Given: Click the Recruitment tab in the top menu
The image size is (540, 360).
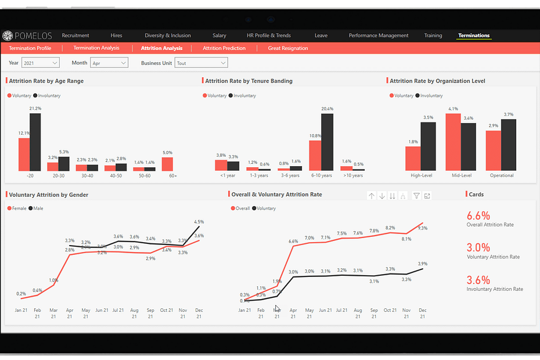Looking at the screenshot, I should (x=75, y=35).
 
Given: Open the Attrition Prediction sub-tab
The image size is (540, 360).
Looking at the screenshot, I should (x=224, y=48).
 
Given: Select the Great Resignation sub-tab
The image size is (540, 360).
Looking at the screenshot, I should (x=288, y=48).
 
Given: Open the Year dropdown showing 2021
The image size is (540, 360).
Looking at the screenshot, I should (x=42, y=63).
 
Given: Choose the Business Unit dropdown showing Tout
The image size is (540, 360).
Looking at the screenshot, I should (x=201, y=63).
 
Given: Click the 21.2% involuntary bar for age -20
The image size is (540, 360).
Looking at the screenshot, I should (x=35, y=142).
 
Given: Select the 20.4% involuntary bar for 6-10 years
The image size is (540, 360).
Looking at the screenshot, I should (x=327, y=142).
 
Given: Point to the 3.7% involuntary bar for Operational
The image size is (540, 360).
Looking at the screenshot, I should (x=509, y=145).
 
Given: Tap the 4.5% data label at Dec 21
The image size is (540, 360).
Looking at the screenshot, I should (x=199, y=222).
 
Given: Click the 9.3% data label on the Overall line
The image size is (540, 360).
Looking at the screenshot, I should (x=422, y=228).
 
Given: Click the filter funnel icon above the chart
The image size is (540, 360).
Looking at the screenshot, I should (x=416, y=196).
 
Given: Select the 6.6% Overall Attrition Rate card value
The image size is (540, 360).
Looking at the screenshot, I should (x=478, y=216).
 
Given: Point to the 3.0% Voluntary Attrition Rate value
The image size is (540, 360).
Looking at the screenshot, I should (x=478, y=248).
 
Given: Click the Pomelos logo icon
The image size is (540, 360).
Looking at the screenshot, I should (x=8, y=35).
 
